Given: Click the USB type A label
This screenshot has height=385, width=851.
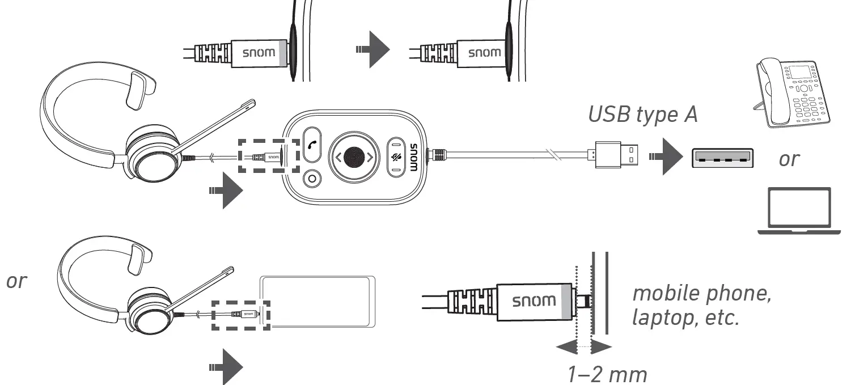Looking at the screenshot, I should pyautogui.click(x=642, y=114).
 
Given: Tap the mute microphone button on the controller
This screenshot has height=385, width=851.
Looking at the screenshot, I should pyautogui.click(x=396, y=156).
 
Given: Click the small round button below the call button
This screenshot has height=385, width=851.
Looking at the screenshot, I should pyautogui.click(x=311, y=179).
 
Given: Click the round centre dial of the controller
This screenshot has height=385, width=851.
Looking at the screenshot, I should pyautogui.click(x=354, y=157).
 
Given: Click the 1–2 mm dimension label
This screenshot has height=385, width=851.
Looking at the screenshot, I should pyautogui.click(x=607, y=374).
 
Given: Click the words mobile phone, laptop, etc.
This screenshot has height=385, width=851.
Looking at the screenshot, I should pyautogui.click(x=701, y=305).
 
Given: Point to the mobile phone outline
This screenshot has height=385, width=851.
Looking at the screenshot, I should pyautogui.click(x=317, y=302).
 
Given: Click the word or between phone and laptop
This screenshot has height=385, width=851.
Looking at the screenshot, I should pyautogui.click(x=788, y=159).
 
